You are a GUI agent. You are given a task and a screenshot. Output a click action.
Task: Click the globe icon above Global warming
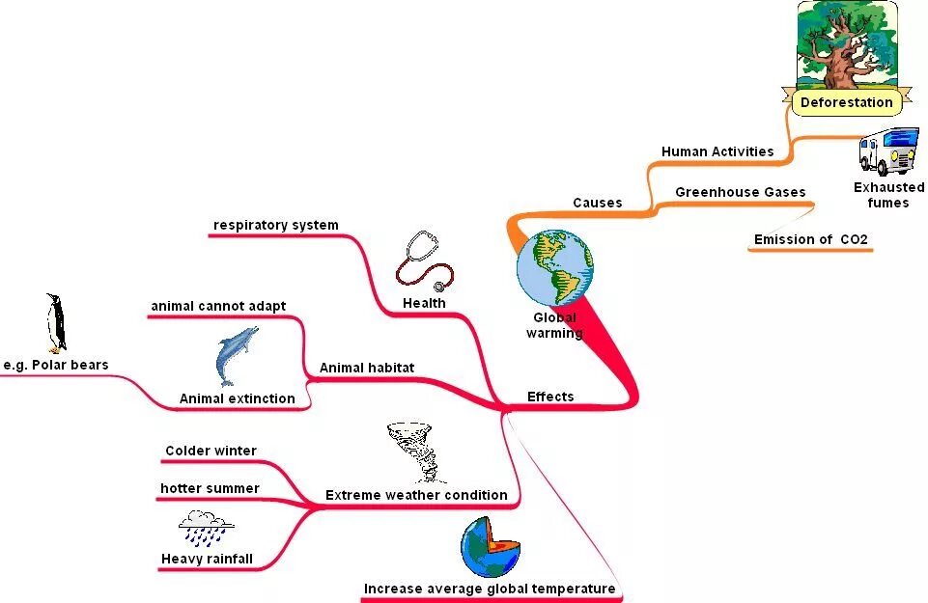point(554,267)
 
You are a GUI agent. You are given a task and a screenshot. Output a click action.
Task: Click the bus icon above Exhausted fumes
point(886,151)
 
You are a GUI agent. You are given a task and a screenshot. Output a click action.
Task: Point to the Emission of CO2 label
point(810,239)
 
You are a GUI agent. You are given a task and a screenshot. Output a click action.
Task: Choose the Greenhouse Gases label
point(740,192)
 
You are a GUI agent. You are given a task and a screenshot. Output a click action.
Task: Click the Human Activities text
point(717,151)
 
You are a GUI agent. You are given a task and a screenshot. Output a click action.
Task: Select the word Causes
point(597,203)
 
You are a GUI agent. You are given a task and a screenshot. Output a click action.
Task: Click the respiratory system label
point(276,225)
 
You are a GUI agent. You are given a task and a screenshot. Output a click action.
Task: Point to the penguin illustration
point(56,323)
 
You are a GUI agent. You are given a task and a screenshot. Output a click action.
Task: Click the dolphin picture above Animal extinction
point(236,355)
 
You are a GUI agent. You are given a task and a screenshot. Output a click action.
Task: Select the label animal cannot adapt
point(218,307)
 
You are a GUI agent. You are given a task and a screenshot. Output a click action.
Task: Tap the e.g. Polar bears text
point(55,365)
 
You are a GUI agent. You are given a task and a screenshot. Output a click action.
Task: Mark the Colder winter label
point(211,451)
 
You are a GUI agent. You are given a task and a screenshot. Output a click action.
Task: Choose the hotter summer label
point(210,488)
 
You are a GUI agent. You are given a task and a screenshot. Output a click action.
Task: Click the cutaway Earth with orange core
point(491,547)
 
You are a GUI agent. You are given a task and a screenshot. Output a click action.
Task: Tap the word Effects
point(550,397)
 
